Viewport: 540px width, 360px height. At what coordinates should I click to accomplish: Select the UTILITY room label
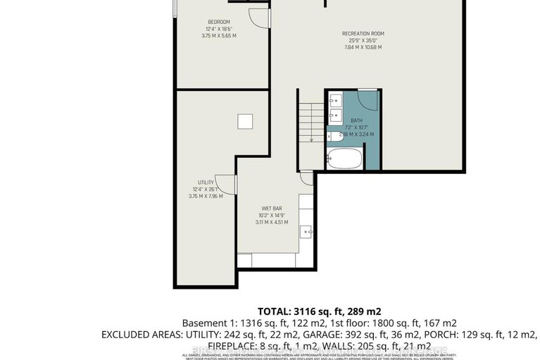pyautogui.click(x=206, y=182)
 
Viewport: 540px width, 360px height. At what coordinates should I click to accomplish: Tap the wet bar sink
pyautogui.click(x=307, y=230)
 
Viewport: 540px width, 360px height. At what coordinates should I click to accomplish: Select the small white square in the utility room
pyautogui.click(x=244, y=122)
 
